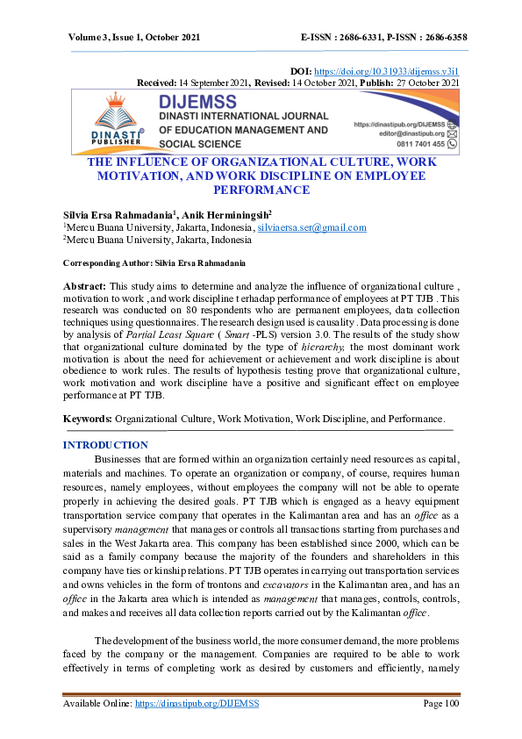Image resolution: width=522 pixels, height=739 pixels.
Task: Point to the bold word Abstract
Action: pyautogui.click(x=84, y=286)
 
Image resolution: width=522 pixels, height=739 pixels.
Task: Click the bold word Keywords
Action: pyautogui.click(x=88, y=418)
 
